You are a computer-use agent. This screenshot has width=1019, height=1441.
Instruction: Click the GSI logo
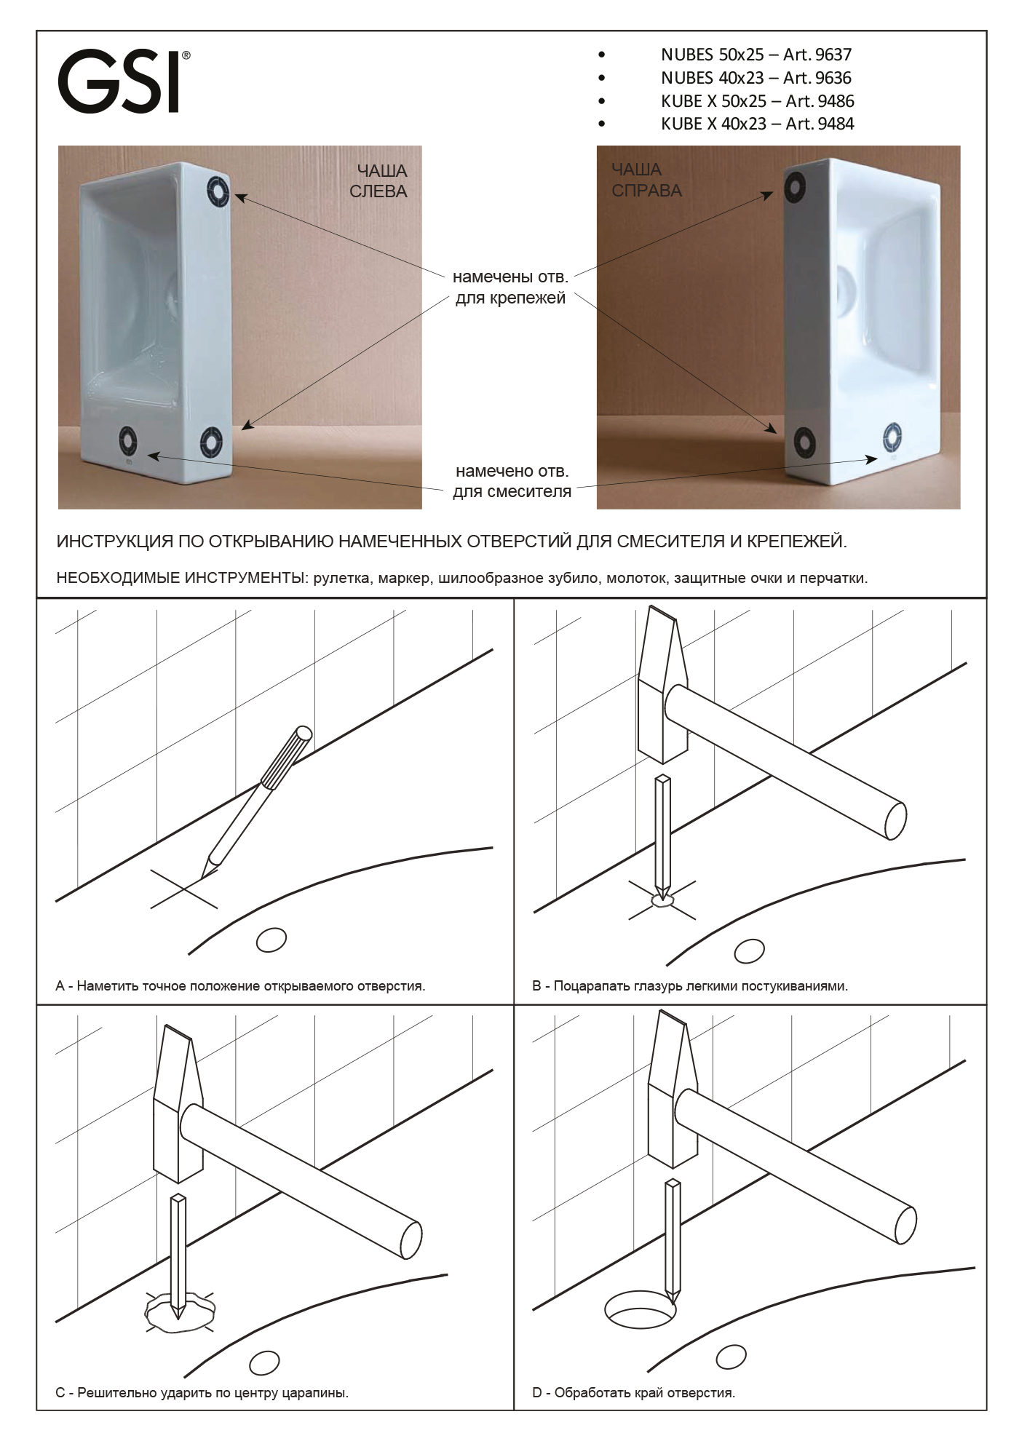124,81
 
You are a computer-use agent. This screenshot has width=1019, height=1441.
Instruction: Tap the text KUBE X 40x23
714,124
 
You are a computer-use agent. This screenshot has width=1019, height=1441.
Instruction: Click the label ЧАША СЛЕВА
381,181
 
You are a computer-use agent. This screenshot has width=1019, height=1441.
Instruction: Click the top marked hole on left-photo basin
218,191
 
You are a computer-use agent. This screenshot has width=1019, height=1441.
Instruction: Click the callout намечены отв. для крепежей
510,287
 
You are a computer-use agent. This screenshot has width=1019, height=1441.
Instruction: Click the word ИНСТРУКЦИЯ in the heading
115,542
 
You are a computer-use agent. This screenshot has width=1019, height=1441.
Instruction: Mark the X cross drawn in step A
183,889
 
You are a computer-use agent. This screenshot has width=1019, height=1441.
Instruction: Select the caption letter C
60,1393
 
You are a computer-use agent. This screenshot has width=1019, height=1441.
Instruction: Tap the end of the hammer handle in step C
411,1239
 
